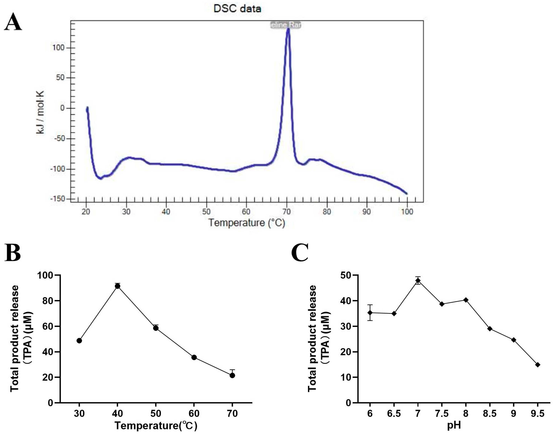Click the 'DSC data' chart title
pos(237,9)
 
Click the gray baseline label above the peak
pos(285,25)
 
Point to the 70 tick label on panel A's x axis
pos(287,212)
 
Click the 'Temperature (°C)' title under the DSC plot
pos(247,223)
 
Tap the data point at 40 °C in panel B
pos(118,286)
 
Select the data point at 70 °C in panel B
pos(232,375)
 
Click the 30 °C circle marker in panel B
pos(79,341)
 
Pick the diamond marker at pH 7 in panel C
pos(418,280)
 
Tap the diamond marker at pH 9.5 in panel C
pos(538,365)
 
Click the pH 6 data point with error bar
pos(370,313)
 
